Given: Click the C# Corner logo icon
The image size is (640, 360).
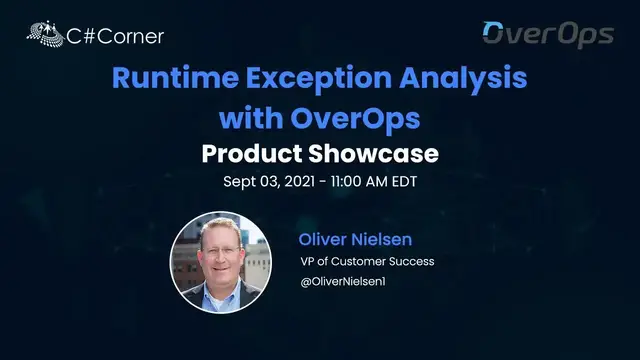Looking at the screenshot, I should tap(43, 35).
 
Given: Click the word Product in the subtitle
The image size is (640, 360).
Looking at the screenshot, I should tap(251, 155).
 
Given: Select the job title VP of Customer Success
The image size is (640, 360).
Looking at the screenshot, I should tap(367, 262).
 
